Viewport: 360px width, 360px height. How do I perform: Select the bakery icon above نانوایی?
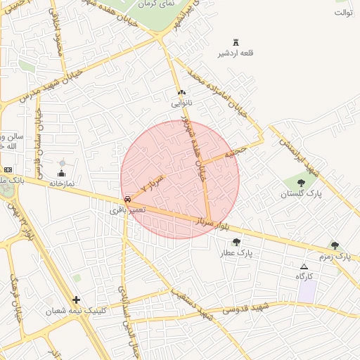pyautogui.click(x=181, y=93)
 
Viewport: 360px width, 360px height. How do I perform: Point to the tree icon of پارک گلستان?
pyautogui.click(x=301, y=183)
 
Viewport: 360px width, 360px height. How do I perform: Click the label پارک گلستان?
pyautogui.click(x=300, y=193)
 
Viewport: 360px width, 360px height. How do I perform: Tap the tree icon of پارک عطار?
pyautogui.click(x=245, y=242)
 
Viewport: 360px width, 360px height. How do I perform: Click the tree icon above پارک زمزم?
pyautogui.click(x=335, y=245)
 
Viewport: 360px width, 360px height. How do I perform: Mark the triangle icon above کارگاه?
pyautogui.click(x=304, y=267)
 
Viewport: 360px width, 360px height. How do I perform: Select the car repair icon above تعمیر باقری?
pyautogui.click(x=127, y=200)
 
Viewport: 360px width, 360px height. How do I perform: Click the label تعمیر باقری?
pyautogui.click(x=128, y=210)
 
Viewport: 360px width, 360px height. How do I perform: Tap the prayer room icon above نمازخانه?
pyautogui.click(x=61, y=173)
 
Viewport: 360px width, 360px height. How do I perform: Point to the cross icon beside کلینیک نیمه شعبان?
pyautogui.click(x=76, y=300)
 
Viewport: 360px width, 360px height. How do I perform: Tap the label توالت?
pyautogui.click(x=343, y=13)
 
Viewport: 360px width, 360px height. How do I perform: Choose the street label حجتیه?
pyautogui.click(x=235, y=151)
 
